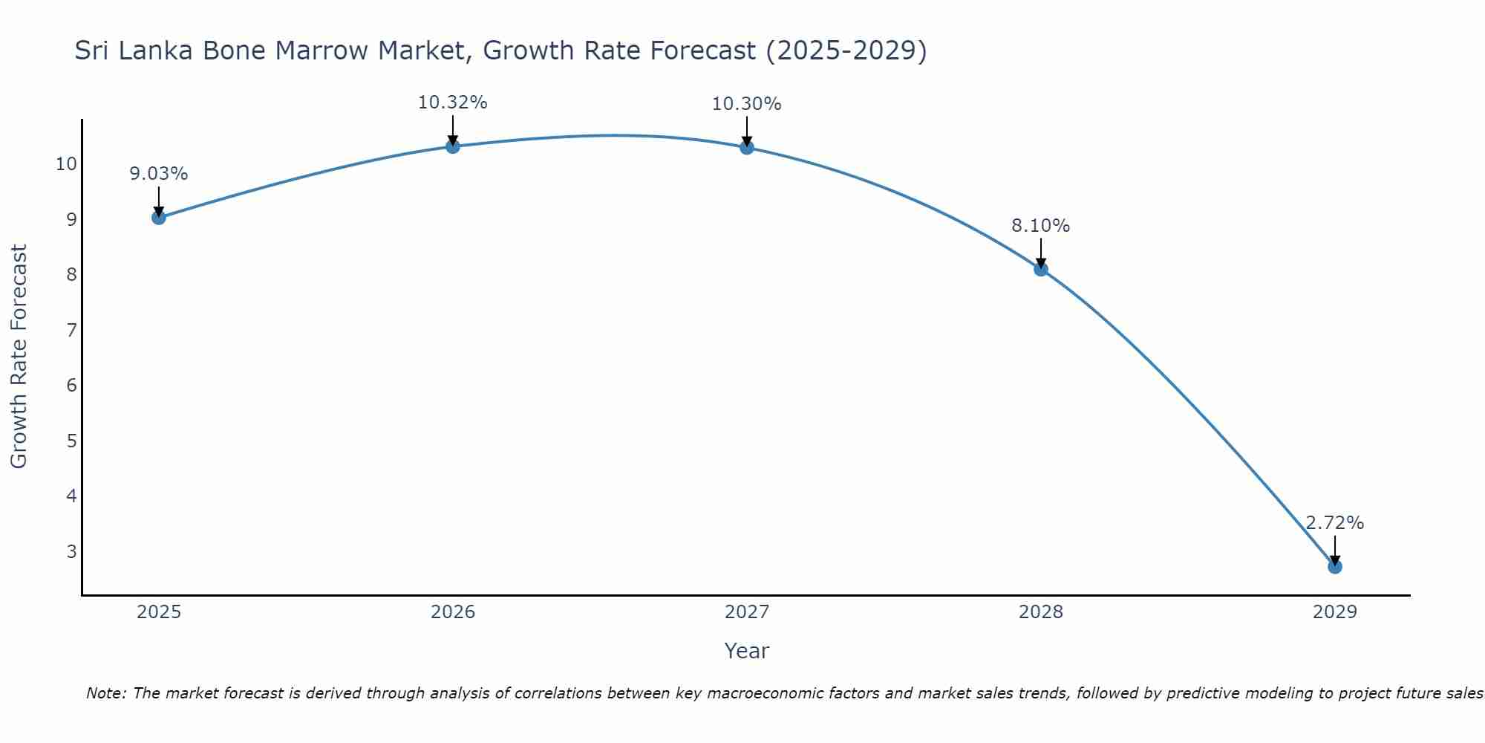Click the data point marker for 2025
[x=158, y=217]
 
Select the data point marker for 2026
[x=452, y=146]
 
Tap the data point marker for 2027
[x=746, y=147]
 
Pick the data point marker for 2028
[x=1040, y=269]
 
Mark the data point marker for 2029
[x=1334, y=566]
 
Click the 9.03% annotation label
[x=158, y=174]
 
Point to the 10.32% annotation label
[x=452, y=103]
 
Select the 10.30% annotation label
[x=746, y=104]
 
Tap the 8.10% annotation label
[x=1040, y=226]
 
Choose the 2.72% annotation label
[x=1334, y=523]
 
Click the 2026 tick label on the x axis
[x=452, y=612]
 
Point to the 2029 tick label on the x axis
[x=1334, y=612]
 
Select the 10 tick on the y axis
[x=66, y=163]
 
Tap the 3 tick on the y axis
[x=71, y=551]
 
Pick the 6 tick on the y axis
[x=71, y=385]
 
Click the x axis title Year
[x=746, y=651]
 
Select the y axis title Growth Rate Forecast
[x=19, y=356]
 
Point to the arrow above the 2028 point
[x=1040, y=253]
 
